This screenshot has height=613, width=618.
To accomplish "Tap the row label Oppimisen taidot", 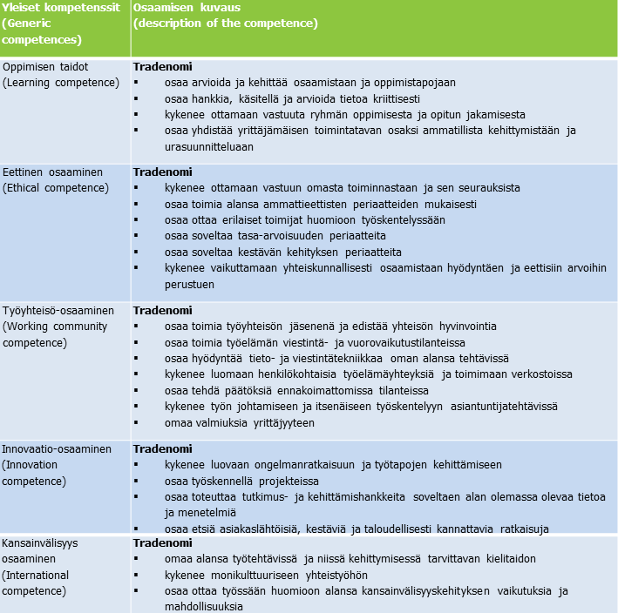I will pyautogui.click(x=45, y=67).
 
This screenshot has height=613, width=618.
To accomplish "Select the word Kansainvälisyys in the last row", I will pyautogui.click(x=41, y=542).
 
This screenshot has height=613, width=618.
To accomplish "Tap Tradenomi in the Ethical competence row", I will pyautogui.click(x=162, y=172).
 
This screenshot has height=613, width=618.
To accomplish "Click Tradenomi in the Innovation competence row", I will pyautogui.click(x=162, y=448).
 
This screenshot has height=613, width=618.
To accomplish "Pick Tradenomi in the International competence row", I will pyautogui.click(x=162, y=542).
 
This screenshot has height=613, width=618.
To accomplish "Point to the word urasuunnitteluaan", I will pyautogui.click(x=208, y=146).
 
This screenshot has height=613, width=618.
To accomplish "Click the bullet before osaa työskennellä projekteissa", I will pyautogui.click(x=136, y=481).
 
